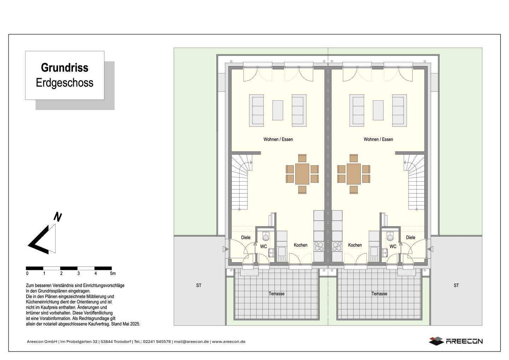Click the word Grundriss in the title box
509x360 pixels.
coord(64,68)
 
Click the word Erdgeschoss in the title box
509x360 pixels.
coord(64,83)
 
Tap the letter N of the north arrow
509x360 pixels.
coord(57,217)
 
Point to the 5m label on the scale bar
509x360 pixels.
coord(112,273)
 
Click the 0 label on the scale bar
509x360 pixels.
coord(27,273)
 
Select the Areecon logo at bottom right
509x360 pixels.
coord(456,341)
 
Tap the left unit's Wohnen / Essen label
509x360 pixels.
coord(278,139)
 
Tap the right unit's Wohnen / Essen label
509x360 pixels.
coord(378,139)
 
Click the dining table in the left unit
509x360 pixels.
coord(302,174)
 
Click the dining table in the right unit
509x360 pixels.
coord(353,174)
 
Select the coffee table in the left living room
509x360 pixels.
coord(277,110)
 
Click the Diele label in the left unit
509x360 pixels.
coord(246,238)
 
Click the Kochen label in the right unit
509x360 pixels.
coord(355,245)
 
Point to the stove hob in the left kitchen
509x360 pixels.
coord(318,246)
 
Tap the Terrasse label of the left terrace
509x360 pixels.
coord(276,294)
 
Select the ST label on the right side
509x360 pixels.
coord(456,285)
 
